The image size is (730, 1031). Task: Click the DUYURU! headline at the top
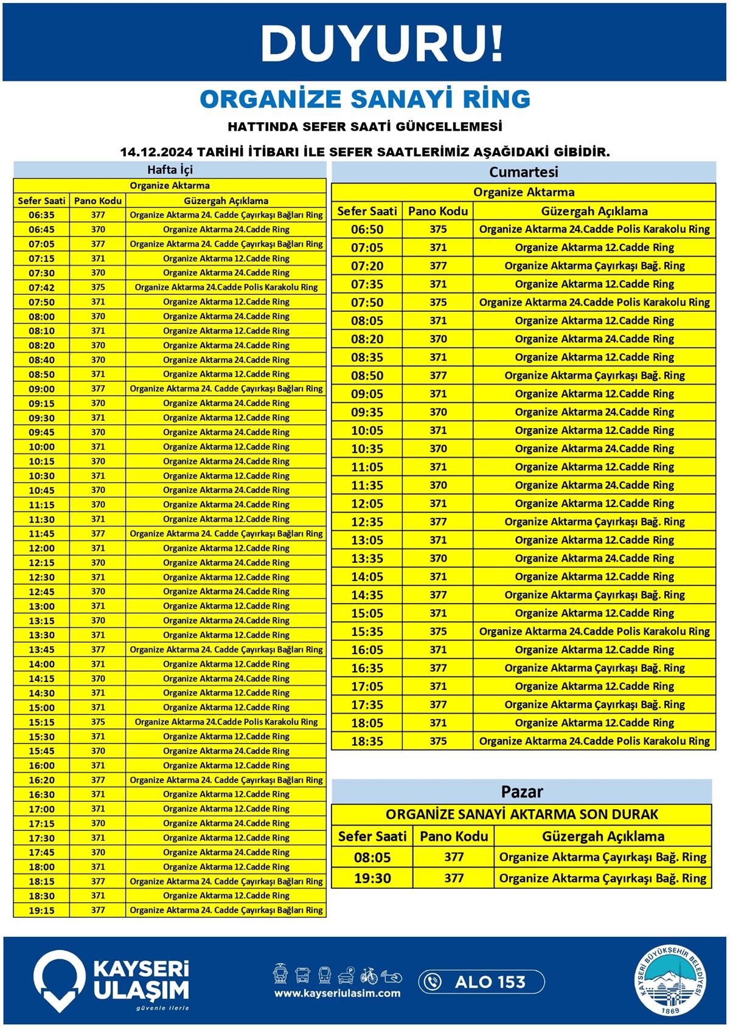click(x=381, y=43)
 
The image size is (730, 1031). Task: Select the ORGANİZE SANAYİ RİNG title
click(x=365, y=99)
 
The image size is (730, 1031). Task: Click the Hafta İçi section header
click(x=170, y=170)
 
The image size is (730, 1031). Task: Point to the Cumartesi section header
click(x=523, y=172)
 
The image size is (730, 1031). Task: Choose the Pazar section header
click(x=521, y=791)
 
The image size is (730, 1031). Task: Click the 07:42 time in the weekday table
click(x=41, y=288)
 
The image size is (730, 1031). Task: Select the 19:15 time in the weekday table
click(x=41, y=910)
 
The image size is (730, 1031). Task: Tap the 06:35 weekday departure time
click(x=41, y=215)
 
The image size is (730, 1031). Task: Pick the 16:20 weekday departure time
click(x=41, y=780)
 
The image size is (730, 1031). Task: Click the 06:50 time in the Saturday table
click(x=367, y=229)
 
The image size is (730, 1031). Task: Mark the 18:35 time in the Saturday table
click(x=367, y=741)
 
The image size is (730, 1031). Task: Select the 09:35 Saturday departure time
click(x=367, y=412)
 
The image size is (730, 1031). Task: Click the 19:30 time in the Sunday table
click(x=372, y=878)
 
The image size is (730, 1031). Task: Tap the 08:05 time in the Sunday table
click(x=372, y=857)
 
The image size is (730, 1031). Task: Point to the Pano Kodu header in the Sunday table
click(x=454, y=836)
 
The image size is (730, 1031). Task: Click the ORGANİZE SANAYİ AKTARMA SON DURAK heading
click(x=521, y=815)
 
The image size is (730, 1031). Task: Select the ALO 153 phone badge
click(x=481, y=982)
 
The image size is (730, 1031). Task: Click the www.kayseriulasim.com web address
click(x=337, y=993)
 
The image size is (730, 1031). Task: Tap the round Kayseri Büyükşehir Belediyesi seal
click(x=672, y=981)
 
